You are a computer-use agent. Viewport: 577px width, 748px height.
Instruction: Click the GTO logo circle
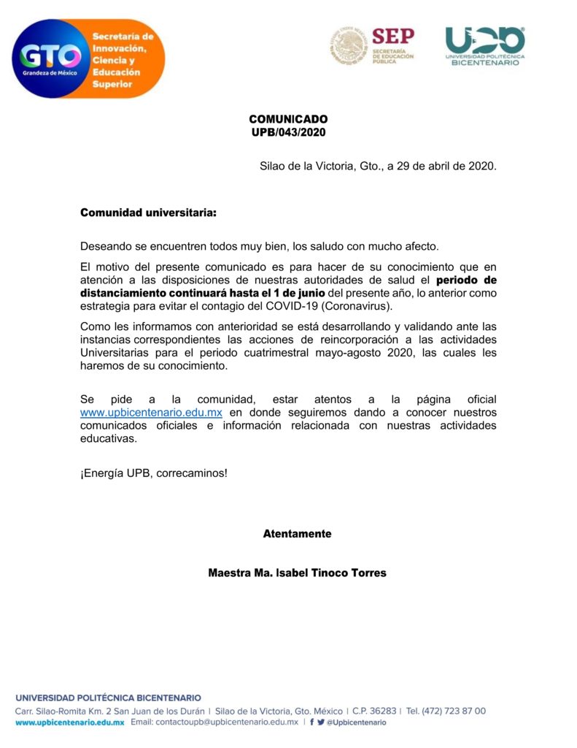pos(50,59)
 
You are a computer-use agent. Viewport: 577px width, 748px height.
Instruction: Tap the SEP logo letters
pos(392,36)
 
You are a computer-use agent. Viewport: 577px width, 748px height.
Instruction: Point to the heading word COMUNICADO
pos(288,119)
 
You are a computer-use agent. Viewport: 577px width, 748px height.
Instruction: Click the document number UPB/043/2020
pos(288,132)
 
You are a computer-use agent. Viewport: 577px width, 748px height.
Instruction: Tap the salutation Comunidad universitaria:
pos(148,213)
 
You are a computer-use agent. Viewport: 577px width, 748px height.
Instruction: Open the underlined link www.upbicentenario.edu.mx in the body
pos(151,412)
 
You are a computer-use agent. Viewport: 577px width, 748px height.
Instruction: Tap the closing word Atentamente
pos(297,534)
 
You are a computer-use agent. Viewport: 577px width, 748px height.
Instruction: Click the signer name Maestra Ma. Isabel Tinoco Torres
pos(297,573)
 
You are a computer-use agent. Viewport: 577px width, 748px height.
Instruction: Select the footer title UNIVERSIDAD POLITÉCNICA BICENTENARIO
pos(108,698)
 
